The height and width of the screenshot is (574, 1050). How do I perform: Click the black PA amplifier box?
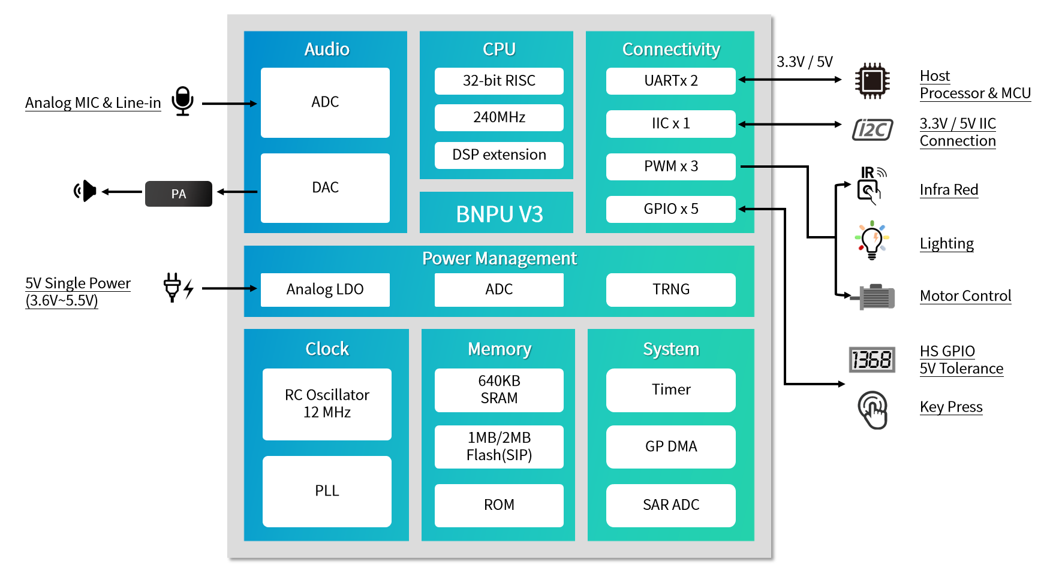(178, 194)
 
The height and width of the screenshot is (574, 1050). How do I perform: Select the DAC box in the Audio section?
(325, 188)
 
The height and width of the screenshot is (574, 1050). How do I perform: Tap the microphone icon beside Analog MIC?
(182, 101)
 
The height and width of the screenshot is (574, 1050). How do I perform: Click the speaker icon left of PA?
(86, 191)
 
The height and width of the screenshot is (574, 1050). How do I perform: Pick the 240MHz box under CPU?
(499, 117)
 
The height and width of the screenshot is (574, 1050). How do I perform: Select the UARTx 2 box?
(670, 81)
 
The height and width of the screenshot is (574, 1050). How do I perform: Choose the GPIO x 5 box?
(670, 209)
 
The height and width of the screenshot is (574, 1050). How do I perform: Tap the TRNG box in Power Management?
(670, 289)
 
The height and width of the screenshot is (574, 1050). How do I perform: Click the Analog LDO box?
(325, 289)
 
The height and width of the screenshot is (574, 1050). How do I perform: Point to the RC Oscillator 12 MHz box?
(327, 404)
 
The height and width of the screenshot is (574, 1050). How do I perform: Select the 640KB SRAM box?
(499, 390)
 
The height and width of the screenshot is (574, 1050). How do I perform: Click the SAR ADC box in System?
(670, 505)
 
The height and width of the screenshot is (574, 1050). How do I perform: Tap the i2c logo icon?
(873, 129)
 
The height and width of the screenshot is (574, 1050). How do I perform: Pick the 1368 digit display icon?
(872, 360)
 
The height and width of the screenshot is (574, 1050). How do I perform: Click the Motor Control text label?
(965, 296)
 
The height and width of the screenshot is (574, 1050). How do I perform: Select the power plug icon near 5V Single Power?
(173, 288)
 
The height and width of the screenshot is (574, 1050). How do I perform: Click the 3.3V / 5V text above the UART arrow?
(804, 62)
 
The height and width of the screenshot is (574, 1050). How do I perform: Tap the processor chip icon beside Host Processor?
(872, 80)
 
